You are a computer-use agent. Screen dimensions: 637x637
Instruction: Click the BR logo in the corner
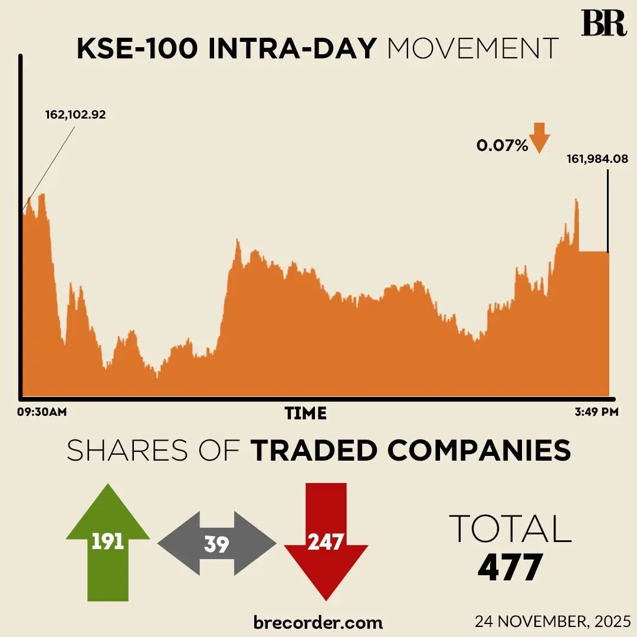click(x=603, y=24)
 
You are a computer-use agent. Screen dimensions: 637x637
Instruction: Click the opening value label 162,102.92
click(x=75, y=115)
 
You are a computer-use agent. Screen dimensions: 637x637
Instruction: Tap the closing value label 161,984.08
click(x=597, y=159)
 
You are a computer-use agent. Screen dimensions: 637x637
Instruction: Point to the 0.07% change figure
click(x=503, y=146)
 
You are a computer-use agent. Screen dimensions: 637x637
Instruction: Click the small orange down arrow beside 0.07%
click(x=539, y=138)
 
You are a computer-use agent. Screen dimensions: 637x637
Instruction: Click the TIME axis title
click(x=306, y=413)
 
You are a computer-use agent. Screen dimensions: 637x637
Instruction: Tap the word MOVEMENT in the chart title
click(x=472, y=48)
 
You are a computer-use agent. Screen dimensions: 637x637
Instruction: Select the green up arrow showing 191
click(x=108, y=540)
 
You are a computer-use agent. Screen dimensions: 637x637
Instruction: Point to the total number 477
click(x=510, y=567)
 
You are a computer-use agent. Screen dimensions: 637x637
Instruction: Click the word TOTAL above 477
click(x=510, y=528)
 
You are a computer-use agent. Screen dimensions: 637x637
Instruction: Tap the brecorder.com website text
click(x=318, y=622)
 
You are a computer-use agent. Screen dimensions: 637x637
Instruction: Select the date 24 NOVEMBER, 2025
click(x=553, y=622)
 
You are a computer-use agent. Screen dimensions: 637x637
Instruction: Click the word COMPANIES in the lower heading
click(x=479, y=451)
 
